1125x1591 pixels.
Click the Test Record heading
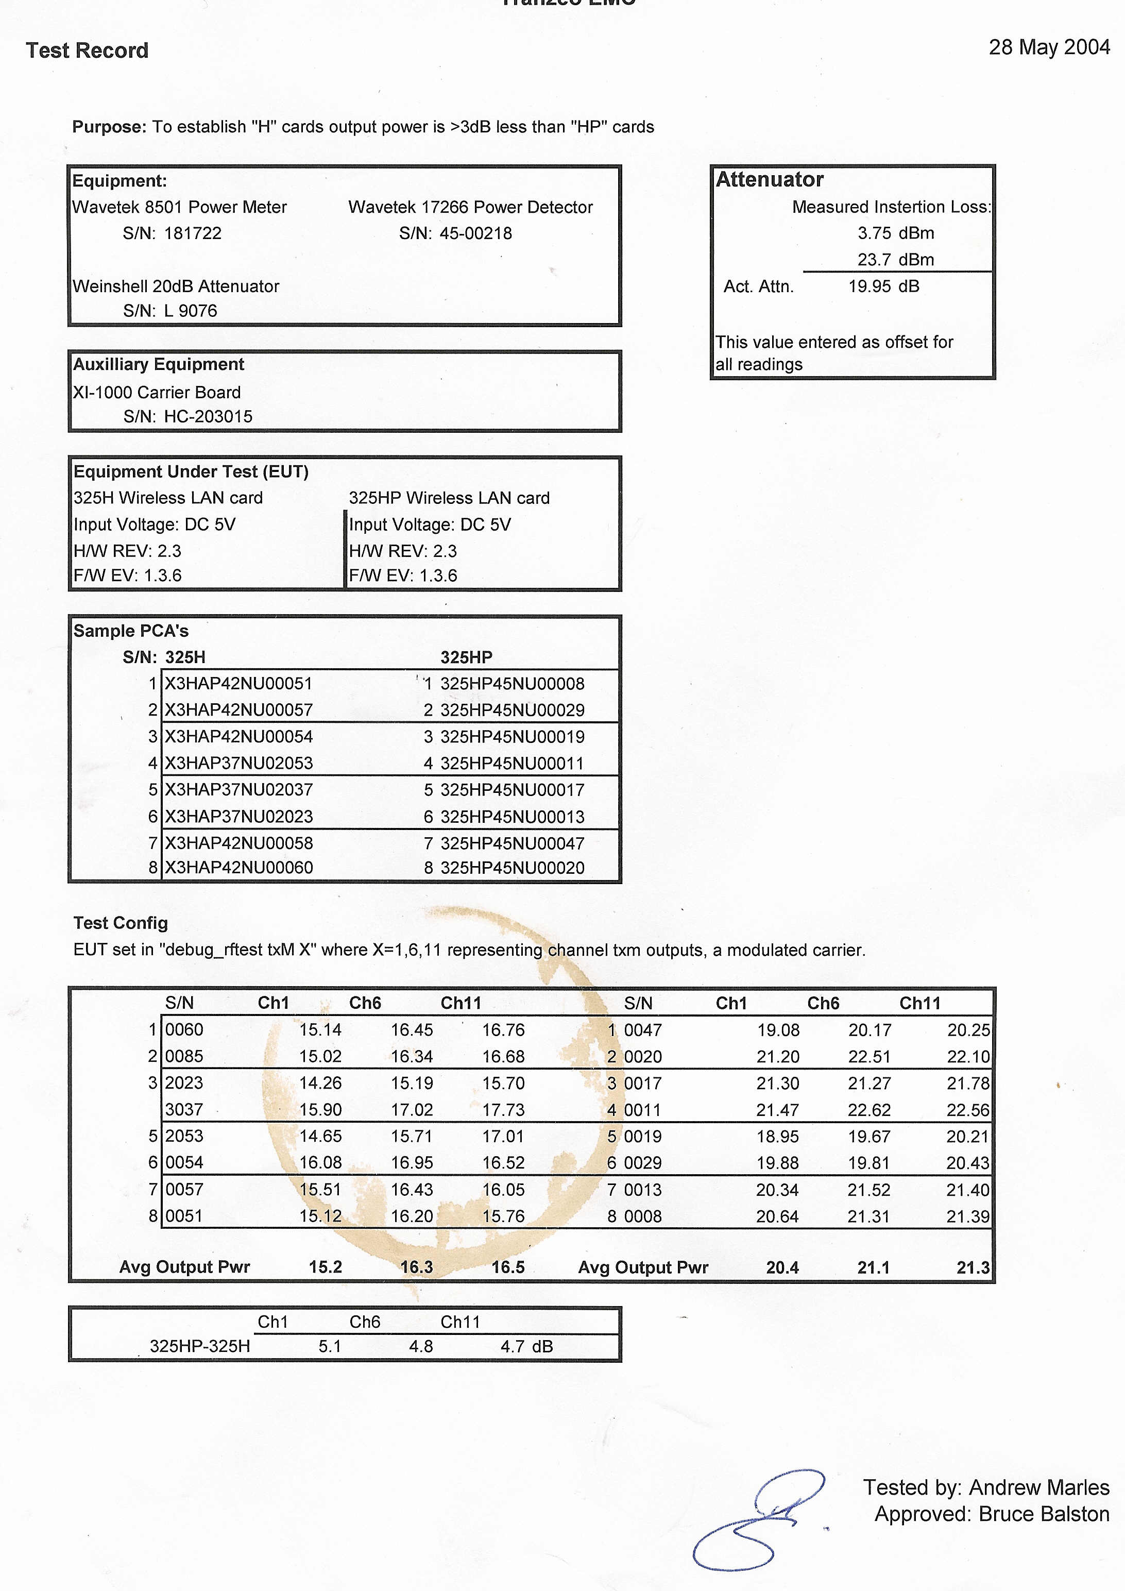pyautogui.click(x=87, y=50)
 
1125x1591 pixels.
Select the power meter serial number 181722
pyautogui.click(x=193, y=233)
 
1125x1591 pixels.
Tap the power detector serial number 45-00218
pyautogui.click(x=475, y=233)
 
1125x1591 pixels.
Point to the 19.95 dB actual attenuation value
pyautogui.click(x=883, y=286)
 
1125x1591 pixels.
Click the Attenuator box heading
pyautogui.click(x=769, y=179)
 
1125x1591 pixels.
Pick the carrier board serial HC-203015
pyautogui.click(x=208, y=416)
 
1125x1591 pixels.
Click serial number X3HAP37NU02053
pyautogui.click(x=238, y=763)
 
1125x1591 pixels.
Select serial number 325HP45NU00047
pyautogui.click(x=512, y=843)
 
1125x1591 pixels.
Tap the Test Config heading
pyautogui.click(x=121, y=923)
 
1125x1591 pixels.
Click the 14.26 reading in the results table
pyautogui.click(x=320, y=1083)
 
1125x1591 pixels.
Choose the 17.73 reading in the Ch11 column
pyautogui.click(x=504, y=1110)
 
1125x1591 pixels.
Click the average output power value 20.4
pyautogui.click(x=782, y=1267)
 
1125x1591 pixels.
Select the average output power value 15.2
pyautogui.click(x=325, y=1267)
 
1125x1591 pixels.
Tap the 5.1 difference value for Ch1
pyautogui.click(x=330, y=1346)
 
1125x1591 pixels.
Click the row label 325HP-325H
pyautogui.click(x=199, y=1346)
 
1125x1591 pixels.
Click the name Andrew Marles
pyautogui.click(x=1038, y=1488)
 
